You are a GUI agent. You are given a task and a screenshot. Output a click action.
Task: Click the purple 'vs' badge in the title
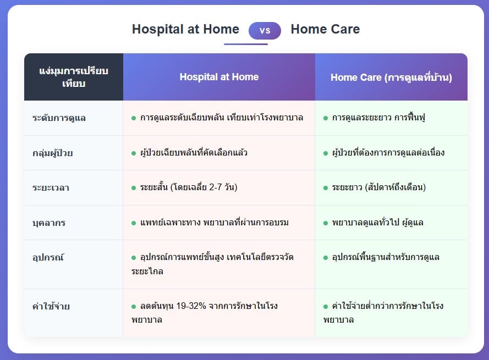click(265, 31)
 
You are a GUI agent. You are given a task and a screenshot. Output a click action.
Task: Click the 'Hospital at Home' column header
click(219, 77)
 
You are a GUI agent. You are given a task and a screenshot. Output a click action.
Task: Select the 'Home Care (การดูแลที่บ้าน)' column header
click(391, 77)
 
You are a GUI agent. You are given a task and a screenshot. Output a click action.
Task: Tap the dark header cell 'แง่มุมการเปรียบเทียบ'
click(74, 77)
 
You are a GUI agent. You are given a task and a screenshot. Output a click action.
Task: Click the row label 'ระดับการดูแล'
click(59, 118)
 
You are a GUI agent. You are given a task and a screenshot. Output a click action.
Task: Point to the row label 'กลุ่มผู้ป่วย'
click(52, 153)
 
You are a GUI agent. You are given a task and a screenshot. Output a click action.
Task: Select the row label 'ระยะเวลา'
click(51, 187)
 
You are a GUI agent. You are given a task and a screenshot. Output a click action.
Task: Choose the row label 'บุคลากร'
click(49, 223)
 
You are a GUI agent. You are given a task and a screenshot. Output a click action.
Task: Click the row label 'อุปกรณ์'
click(48, 257)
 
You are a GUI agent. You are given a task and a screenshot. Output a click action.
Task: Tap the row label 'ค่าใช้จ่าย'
click(51, 306)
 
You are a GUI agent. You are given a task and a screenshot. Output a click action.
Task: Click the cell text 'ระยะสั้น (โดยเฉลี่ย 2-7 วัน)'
click(189, 187)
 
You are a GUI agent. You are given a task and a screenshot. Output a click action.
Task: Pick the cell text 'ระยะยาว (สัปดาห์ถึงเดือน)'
click(378, 187)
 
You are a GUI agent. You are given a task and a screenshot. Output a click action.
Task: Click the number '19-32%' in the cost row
click(191, 306)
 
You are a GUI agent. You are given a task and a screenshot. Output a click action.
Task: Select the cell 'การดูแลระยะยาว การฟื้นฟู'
click(378, 118)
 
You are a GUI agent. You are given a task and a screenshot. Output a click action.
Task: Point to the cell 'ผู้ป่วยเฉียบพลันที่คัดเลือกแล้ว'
click(194, 152)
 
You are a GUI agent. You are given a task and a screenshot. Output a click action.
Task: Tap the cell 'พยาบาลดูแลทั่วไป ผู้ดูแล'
click(377, 222)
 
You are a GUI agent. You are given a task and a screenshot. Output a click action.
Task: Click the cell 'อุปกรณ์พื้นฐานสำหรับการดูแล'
click(386, 257)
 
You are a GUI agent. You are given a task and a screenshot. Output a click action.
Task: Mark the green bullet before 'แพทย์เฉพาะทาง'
click(134, 223)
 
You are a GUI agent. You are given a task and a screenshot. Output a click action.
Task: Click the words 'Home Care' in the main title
click(325, 29)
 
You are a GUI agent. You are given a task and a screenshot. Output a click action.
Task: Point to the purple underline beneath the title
click(246, 44)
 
